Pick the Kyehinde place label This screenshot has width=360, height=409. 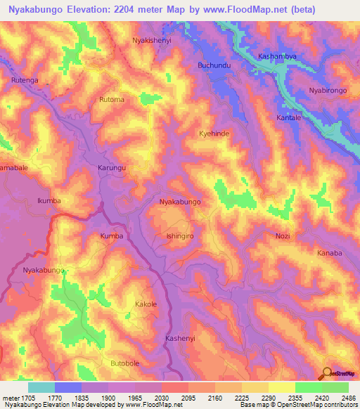[x=214, y=133]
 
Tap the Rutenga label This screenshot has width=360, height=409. [x=25, y=81]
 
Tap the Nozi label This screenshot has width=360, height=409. [x=283, y=236]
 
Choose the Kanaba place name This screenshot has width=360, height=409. [x=329, y=253]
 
